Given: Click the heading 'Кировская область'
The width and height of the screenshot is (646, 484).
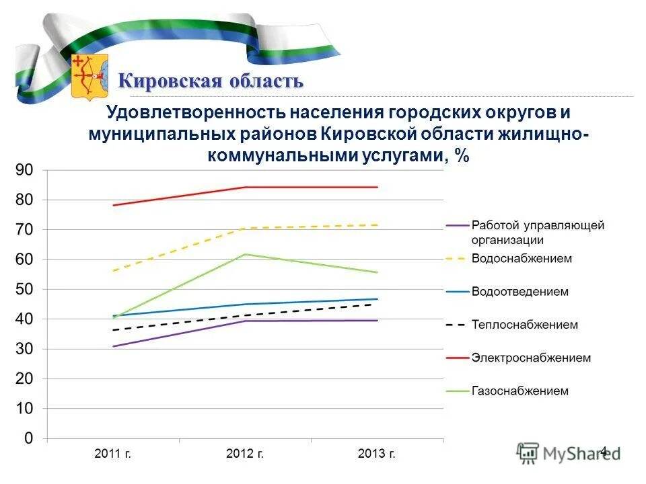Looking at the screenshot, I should pos(211,81).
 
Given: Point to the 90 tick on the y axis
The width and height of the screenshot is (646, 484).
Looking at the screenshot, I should pos(24,171).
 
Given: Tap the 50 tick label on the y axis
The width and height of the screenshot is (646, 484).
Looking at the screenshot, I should pos(24,289).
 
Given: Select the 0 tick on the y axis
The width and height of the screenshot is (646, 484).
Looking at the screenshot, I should pos(28,438).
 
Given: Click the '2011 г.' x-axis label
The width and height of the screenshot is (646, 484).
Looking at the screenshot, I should pos(113,454).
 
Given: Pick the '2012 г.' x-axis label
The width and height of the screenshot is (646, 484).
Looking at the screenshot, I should pos(245,454).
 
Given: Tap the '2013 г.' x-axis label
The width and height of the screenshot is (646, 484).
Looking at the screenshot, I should pos(377,454).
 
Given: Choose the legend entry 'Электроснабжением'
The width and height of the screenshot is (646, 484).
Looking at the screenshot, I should pos(531,358).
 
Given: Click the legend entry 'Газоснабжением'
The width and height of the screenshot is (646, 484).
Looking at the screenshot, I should pos(520,391).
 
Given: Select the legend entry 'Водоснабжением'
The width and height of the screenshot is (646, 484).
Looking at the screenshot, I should pos(522,258).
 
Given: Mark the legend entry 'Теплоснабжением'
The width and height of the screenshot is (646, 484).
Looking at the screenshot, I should pos(524,325).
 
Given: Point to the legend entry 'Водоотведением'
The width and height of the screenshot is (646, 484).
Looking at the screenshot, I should pos(520,292).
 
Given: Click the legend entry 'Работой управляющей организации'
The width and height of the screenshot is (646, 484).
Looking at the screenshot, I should pos(537,232).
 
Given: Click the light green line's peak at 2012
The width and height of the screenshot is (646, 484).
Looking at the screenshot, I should pos(245,254).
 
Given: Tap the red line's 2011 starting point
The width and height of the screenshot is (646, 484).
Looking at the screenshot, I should pos(113,205).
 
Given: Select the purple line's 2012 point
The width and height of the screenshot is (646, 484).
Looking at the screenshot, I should pos(245,321).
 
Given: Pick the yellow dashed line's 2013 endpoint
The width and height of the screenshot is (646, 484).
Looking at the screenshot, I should pos(377,225).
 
